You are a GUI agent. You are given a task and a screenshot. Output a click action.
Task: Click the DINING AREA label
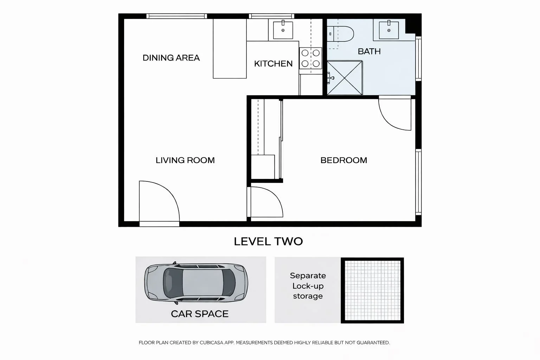(x=171, y=58)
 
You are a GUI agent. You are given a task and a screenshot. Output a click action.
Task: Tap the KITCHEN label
(x=273, y=64)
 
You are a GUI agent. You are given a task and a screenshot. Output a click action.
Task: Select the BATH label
(x=369, y=51)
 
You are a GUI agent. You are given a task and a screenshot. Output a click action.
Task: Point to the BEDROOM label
(x=343, y=160)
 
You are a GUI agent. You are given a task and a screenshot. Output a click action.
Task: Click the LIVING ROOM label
(x=185, y=160)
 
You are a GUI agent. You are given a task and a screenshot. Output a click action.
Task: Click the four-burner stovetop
(x=311, y=58)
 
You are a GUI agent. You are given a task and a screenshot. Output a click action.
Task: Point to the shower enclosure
(x=345, y=78)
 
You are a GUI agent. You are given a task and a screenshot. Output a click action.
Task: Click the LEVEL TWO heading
(x=268, y=242)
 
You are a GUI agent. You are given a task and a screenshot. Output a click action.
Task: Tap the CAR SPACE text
(x=200, y=314)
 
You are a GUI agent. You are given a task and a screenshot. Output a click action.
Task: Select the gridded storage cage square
(x=372, y=290)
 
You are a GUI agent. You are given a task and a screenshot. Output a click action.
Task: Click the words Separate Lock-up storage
(x=308, y=286)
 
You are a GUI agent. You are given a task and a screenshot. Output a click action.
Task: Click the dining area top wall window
(x=176, y=16)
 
